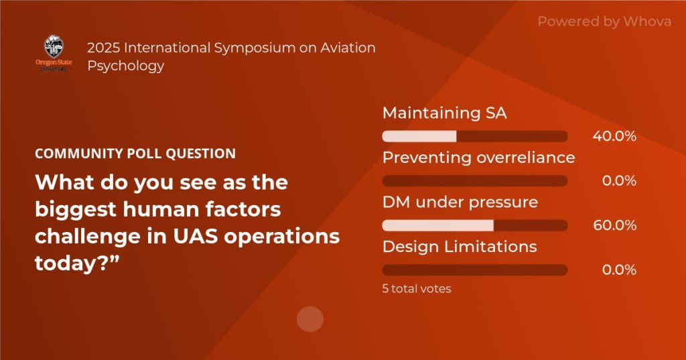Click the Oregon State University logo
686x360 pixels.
point(54,54)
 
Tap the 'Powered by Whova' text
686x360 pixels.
point(604,21)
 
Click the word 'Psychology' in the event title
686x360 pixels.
point(125,66)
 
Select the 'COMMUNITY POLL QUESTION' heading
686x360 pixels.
point(135,154)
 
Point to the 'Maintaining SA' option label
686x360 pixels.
point(445,113)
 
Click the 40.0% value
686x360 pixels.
point(614,136)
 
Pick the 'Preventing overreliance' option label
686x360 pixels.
point(478,158)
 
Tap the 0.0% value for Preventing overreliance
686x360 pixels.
point(619,181)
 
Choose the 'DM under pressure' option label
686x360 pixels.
point(460,202)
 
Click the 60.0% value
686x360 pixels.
point(615,225)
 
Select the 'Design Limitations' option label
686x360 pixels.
point(460,247)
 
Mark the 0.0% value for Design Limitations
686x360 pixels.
point(619,269)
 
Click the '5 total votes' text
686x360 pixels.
point(417,289)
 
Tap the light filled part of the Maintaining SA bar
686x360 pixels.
point(419,136)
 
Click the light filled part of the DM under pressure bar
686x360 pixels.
point(438,225)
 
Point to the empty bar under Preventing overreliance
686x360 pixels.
point(475,181)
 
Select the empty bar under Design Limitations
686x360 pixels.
point(475,269)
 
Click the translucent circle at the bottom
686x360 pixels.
point(310,319)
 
